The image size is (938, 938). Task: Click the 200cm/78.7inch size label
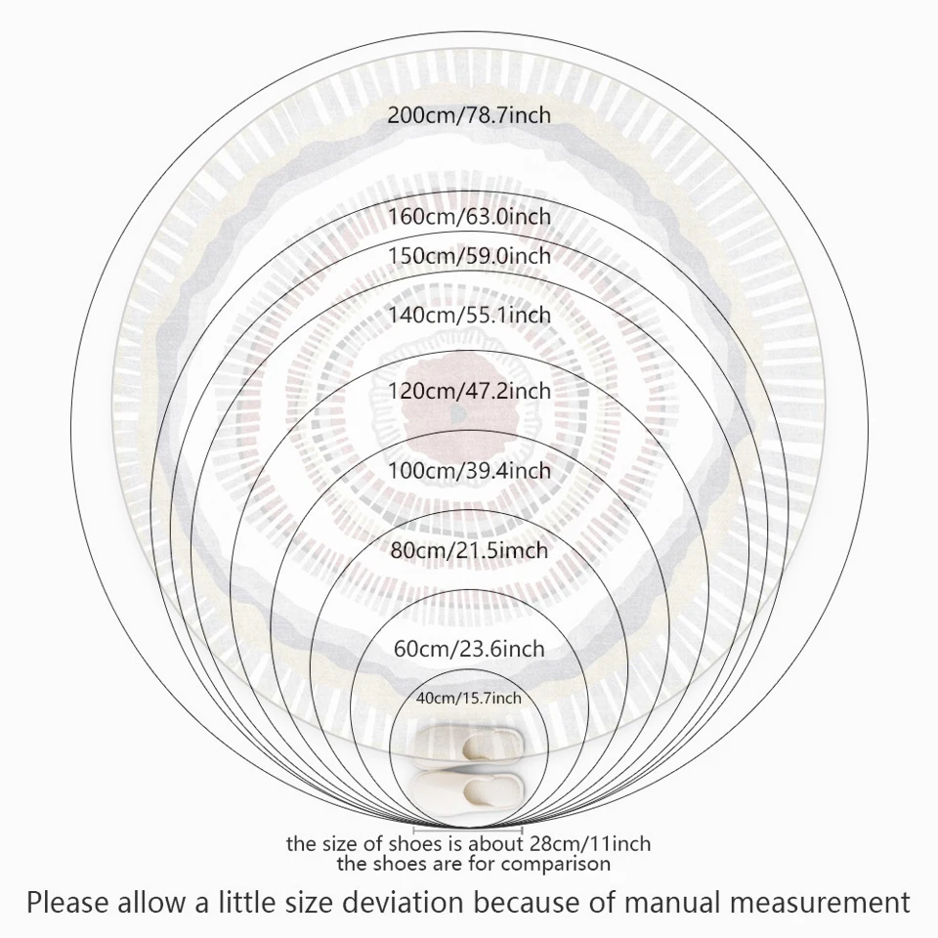tap(469, 115)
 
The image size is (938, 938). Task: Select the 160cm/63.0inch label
tap(469, 216)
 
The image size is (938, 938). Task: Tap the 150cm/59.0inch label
tap(469, 255)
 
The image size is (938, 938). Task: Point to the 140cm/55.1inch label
tap(469, 315)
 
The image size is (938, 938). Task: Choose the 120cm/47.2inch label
tap(469, 391)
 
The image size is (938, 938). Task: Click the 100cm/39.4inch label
tap(469, 470)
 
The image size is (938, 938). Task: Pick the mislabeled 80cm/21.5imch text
tap(469, 550)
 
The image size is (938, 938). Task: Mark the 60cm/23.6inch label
tap(469, 649)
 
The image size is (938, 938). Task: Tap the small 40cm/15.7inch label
tap(469, 698)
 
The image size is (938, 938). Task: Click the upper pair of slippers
tap(469, 745)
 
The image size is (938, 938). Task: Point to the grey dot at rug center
tap(458, 412)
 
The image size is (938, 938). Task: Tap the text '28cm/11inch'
tap(590, 844)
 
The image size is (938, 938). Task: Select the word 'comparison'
tap(556, 865)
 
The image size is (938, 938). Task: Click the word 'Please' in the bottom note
tap(66, 902)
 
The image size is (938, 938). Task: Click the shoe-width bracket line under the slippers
tap(468, 831)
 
